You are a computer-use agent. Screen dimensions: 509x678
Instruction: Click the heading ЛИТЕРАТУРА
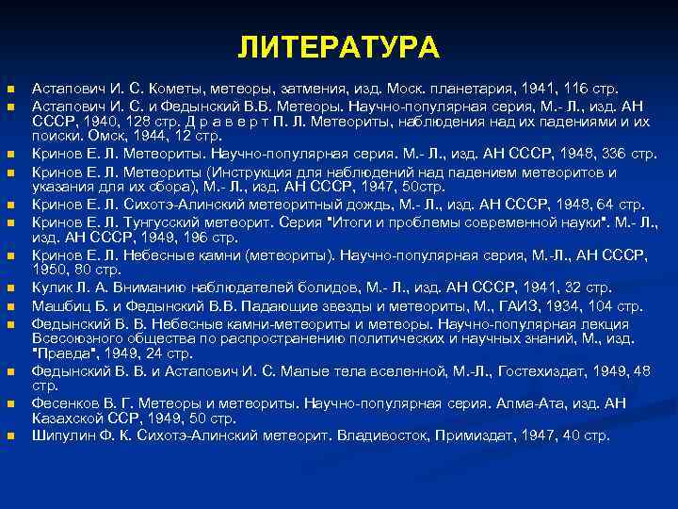click(338, 47)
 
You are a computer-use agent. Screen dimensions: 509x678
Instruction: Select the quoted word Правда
click(63, 353)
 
